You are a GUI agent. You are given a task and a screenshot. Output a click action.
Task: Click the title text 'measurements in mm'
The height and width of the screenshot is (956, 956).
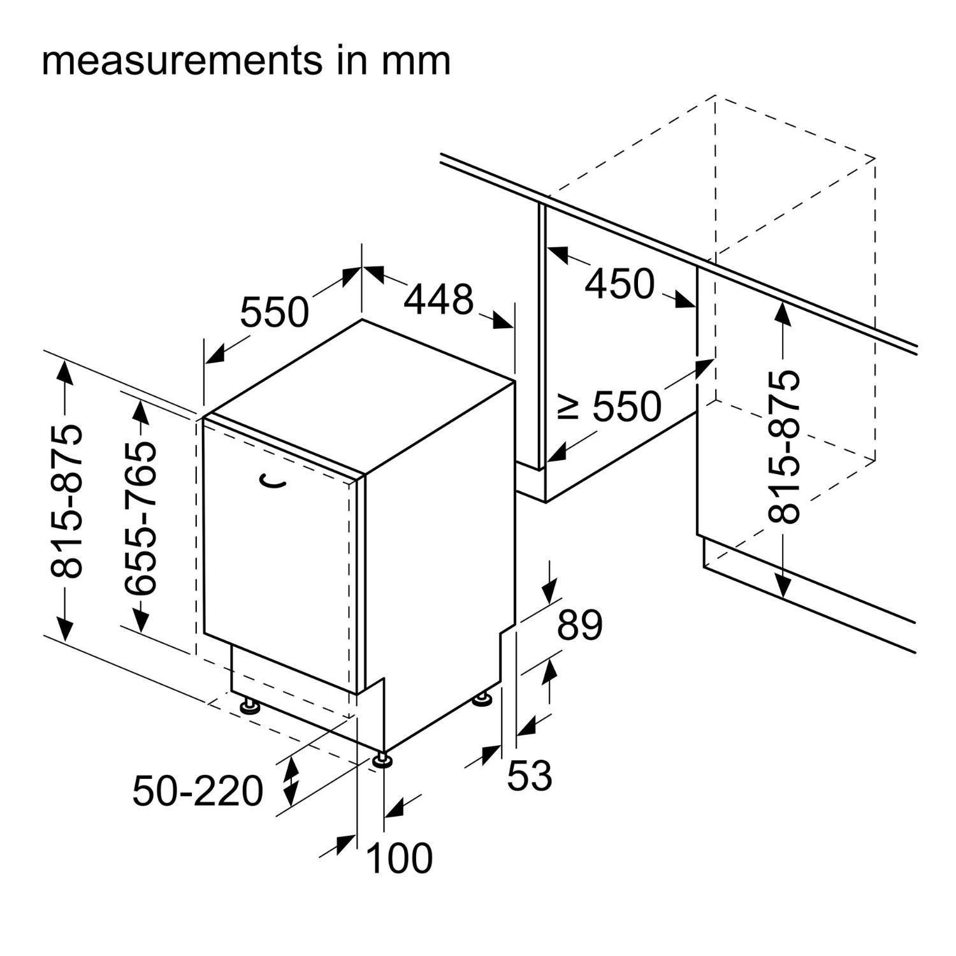246,61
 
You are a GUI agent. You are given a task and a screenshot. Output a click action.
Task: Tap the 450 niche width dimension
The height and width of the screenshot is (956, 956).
619,284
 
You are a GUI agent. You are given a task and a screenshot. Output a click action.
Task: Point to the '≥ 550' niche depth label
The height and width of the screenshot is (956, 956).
610,406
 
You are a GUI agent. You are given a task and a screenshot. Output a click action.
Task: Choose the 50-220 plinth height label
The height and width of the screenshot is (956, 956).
198,791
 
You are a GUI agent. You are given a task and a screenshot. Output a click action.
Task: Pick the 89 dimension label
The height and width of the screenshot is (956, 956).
579,625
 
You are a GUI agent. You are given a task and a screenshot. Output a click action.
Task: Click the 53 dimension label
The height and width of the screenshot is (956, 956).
529,775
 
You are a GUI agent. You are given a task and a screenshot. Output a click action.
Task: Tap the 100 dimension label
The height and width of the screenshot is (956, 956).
400,858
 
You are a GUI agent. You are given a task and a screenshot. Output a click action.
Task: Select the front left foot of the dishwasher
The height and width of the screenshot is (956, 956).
249,706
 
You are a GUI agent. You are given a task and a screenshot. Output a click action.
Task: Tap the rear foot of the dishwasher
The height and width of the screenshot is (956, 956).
482,699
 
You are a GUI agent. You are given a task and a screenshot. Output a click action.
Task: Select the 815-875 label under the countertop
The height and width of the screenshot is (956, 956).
783,446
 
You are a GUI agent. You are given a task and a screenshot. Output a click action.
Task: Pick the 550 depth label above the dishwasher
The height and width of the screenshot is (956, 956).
274,312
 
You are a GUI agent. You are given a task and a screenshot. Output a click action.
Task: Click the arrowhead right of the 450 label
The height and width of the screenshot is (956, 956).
682,299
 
